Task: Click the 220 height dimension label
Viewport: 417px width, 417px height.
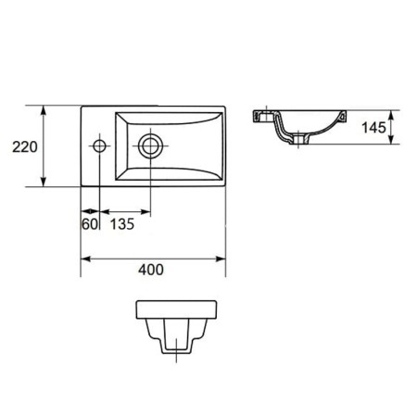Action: pyautogui.click(x=25, y=147)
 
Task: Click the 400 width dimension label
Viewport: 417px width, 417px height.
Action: pyautogui.click(x=151, y=270)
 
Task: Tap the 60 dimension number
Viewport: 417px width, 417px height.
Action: pyautogui.click(x=90, y=224)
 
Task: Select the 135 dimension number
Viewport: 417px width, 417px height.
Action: pyautogui.click(x=122, y=224)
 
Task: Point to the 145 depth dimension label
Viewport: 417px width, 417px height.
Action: pyautogui.click(x=373, y=128)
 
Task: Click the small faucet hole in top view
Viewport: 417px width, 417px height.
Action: pyautogui.click(x=99, y=145)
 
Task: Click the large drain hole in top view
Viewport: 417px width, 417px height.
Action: pyautogui.click(x=150, y=145)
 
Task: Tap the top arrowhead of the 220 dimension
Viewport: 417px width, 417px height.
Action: pyautogui.click(x=44, y=110)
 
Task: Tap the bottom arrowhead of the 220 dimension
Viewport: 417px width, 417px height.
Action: pyautogui.click(x=44, y=182)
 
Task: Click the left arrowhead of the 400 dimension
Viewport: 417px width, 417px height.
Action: pyautogui.click(x=86, y=259)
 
